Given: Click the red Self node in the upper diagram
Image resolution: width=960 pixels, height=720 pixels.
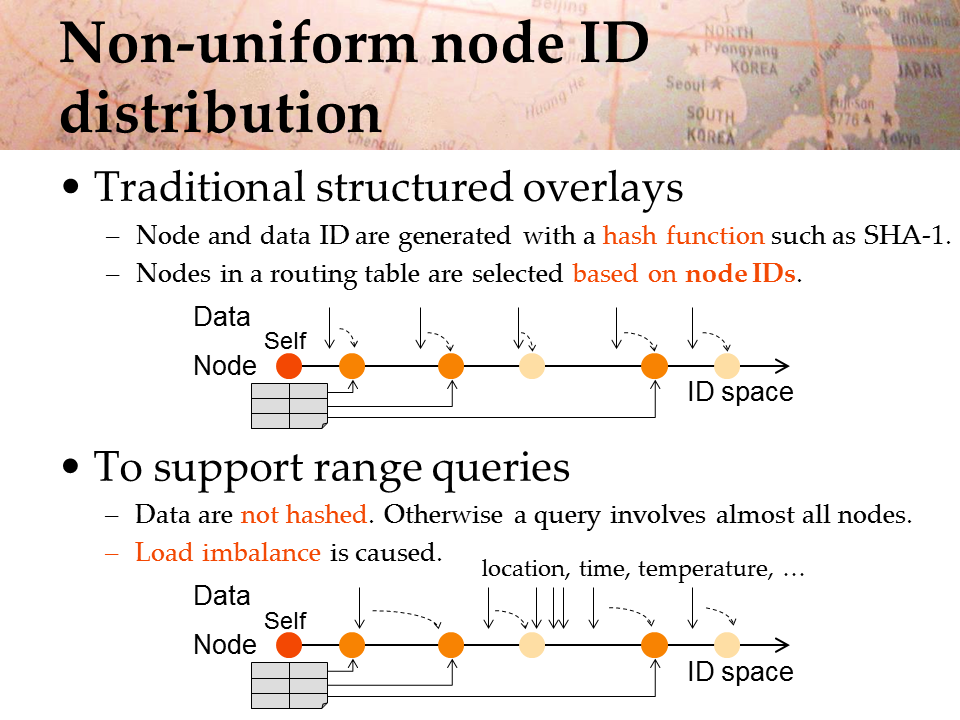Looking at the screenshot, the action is (289, 366).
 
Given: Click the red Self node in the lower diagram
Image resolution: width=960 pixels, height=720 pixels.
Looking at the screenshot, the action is (289, 645).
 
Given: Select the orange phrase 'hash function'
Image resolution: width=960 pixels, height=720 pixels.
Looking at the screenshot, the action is (683, 235).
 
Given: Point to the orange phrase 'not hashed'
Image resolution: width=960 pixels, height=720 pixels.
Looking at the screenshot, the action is (304, 514).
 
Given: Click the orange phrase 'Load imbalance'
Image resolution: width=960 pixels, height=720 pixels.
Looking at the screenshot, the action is (228, 552).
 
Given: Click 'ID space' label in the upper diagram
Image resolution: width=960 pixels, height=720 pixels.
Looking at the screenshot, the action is (740, 392).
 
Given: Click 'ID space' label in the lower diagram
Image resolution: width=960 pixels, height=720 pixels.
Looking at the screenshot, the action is (740, 672).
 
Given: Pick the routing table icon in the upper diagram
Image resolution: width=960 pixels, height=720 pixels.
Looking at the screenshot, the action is (290, 406).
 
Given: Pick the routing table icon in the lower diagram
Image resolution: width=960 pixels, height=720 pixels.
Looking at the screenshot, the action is (290, 686).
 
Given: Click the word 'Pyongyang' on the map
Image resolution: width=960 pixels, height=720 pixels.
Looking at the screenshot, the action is (740, 48).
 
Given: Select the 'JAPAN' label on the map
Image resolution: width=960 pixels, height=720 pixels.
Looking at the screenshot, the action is (920, 70).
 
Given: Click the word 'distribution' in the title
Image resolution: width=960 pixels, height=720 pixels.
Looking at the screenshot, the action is (220, 113).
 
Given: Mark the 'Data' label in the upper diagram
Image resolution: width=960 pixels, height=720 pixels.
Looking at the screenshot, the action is (222, 317).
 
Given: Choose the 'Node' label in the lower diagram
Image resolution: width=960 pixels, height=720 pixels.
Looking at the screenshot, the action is (225, 645).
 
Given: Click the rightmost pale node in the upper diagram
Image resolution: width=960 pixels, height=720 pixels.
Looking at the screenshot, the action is (727, 366).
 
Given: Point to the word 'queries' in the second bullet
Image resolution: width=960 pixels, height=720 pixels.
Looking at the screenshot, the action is (501, 468).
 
